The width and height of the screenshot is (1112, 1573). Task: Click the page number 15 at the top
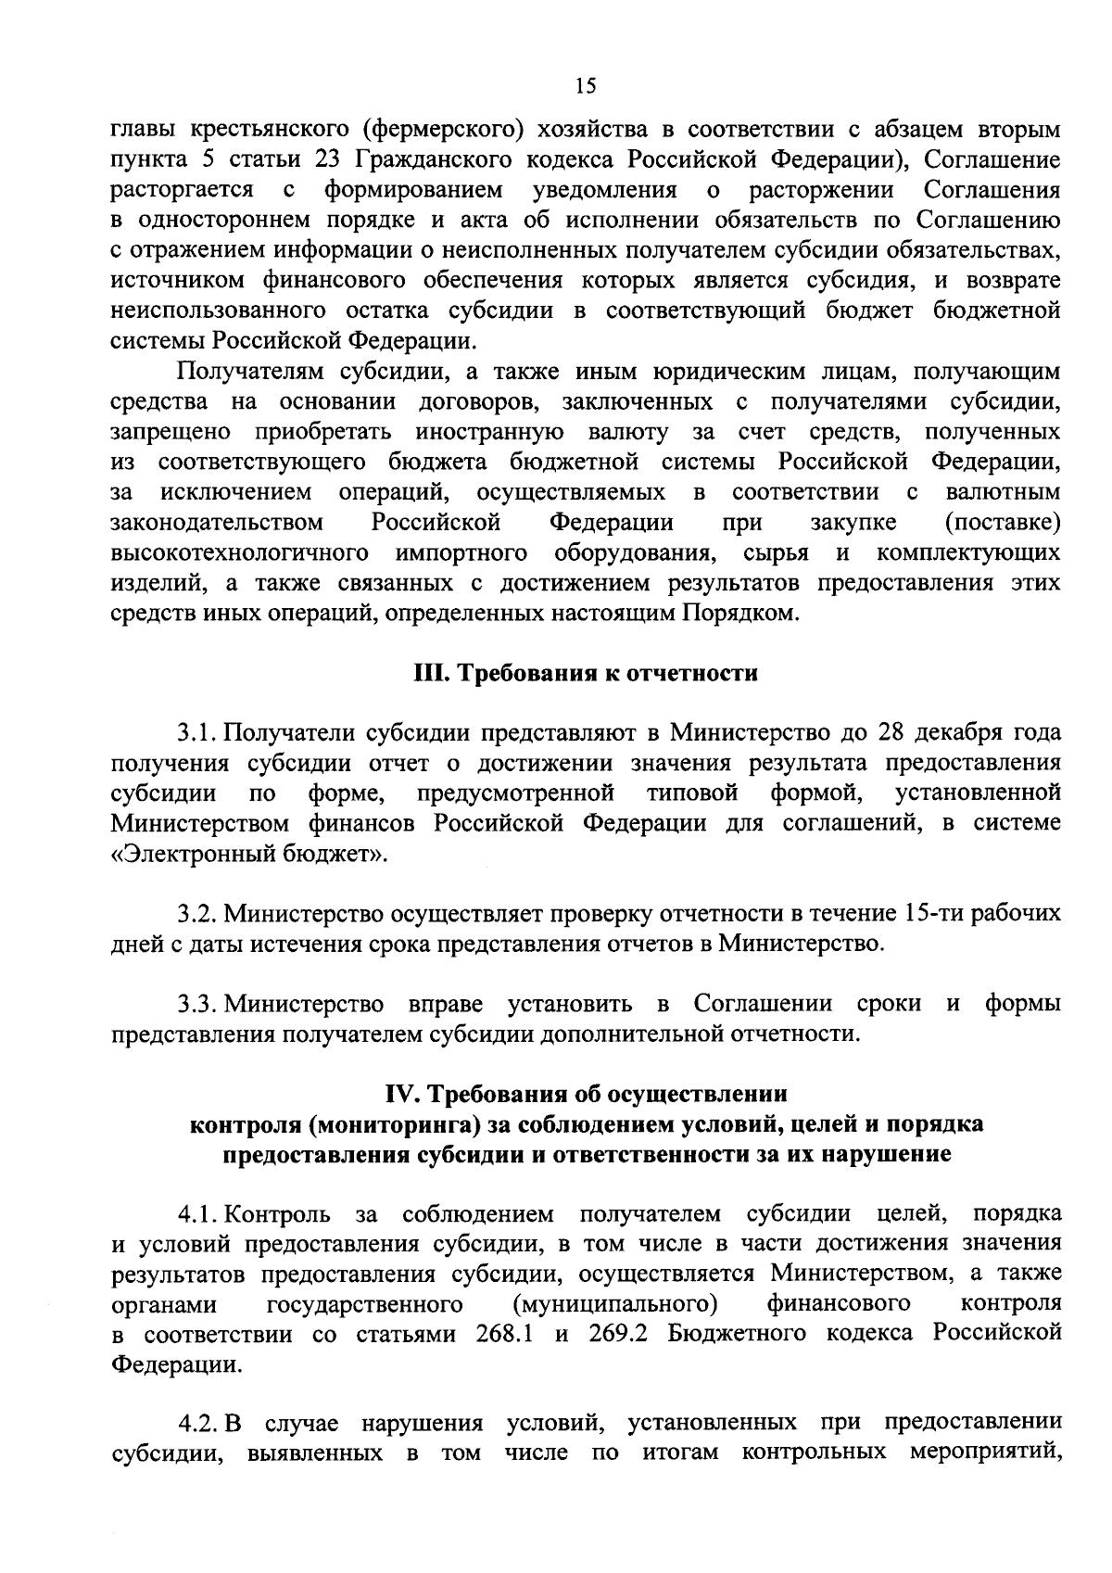point(585,86)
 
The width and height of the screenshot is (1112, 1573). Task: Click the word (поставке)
point(1002,523)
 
